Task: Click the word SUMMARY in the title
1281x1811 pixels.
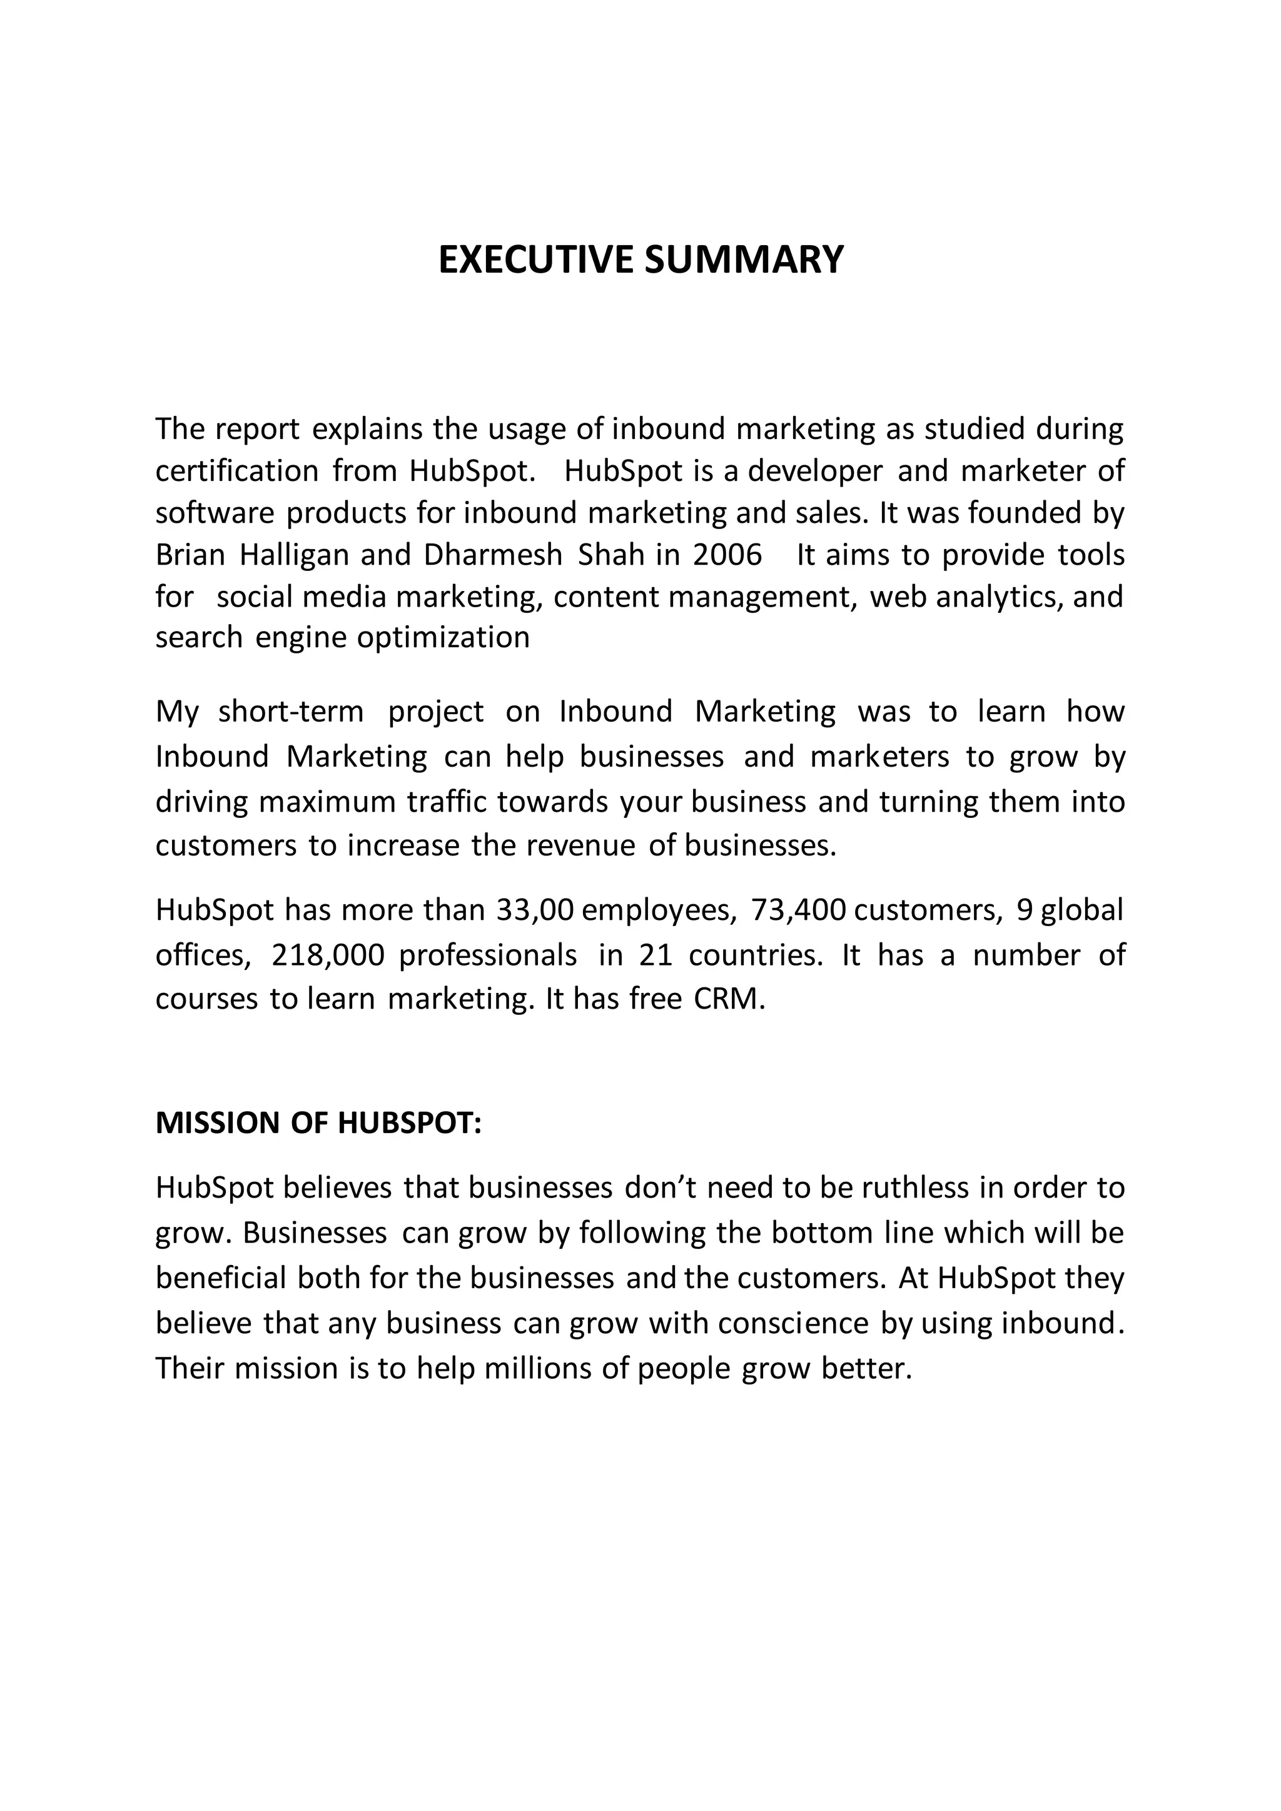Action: [x=744, y=260]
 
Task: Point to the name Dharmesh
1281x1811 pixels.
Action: [x=493, y=555]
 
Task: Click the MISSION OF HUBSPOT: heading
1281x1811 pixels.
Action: [x=318, y=1123]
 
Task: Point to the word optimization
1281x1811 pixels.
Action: [x=443, y=637]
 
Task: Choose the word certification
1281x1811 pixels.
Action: [x=236, y=472]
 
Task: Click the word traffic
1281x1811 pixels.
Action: [x=451, y=802]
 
